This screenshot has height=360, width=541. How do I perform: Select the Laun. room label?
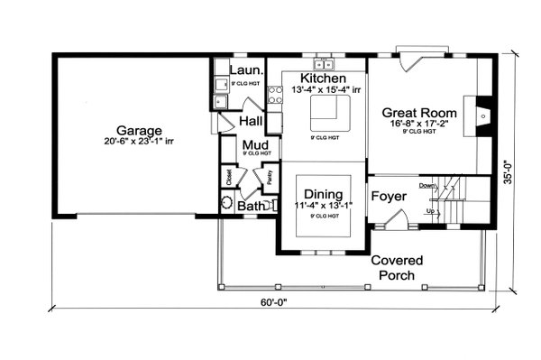(x=245, y=69)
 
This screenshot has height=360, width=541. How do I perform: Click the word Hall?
(x=251, y=121)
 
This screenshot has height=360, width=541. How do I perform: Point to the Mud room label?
(x=252, y=144)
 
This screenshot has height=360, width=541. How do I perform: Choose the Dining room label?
(x=321, y=193)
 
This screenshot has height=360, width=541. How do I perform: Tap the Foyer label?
(x=390, y=196)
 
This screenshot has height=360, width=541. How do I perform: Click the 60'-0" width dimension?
(x=276, y=304)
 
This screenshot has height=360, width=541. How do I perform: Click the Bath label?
(x=248, y=207)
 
